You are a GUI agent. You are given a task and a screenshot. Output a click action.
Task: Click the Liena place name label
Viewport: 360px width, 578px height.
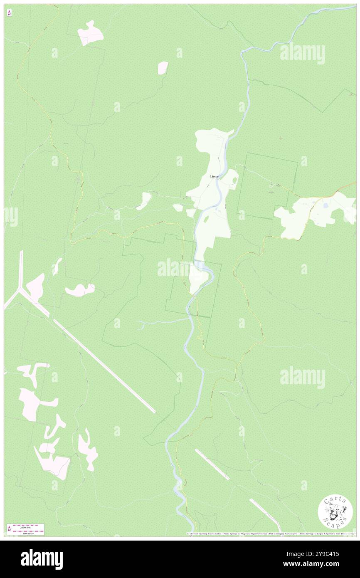point(214,176)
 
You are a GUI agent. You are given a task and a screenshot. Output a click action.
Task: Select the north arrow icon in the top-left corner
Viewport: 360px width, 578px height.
point(9,13)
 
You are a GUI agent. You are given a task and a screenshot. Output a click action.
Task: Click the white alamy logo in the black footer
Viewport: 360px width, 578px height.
point(42,559)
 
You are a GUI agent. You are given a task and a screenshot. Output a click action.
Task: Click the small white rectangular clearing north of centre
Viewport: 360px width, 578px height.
point(163,67)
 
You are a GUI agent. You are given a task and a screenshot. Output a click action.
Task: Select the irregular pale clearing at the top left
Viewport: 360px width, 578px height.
point(90,32)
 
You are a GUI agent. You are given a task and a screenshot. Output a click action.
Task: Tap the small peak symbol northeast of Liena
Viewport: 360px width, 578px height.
point(280,138)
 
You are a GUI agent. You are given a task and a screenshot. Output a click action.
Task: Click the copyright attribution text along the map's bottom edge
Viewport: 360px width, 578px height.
point(270,534)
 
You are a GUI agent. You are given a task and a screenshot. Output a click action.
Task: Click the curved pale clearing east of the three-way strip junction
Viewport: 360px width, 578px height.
point(80,290)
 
